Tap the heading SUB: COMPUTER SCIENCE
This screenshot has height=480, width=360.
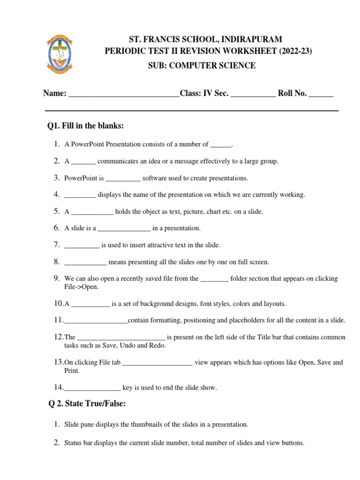(202, 66)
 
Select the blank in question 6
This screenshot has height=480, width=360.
(124, 229)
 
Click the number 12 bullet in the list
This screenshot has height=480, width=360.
(58, 337)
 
